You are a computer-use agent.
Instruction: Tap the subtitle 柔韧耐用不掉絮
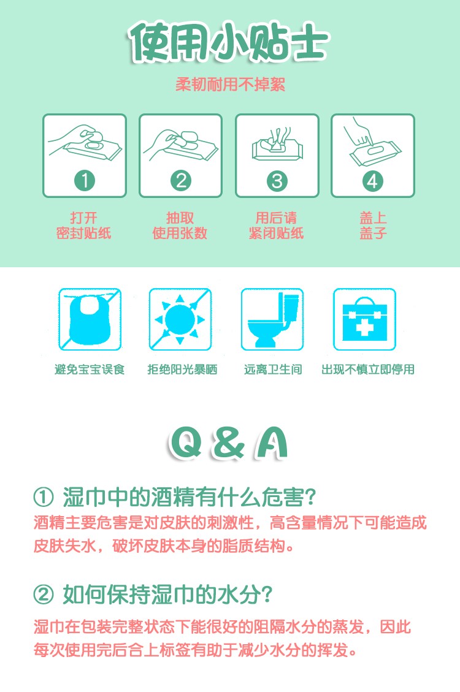point(230,85)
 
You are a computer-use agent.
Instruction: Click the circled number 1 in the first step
point(84,180)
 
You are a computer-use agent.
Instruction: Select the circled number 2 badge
point(180,180)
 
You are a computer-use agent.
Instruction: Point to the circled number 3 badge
point(277,180)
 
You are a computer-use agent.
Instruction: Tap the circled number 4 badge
point(372,180)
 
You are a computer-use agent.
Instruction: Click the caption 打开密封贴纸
point(83,225)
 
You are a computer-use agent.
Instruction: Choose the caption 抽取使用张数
point(180,225)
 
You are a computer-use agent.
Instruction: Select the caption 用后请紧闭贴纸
point(276,225)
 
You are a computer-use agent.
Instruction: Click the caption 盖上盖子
point(373,225)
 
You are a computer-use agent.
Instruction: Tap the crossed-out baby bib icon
point(90,319)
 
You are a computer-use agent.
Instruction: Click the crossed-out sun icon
point(180,319)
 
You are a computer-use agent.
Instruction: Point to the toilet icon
point(272,319)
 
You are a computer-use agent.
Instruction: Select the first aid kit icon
point(365,319)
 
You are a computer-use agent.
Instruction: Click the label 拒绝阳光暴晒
point(182,370)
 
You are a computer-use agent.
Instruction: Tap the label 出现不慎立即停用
point(368,370)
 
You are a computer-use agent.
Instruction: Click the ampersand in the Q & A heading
point(228,443)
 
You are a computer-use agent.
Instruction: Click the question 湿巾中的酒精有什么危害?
point(175,497)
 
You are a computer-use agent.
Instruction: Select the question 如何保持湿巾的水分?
point(153,595)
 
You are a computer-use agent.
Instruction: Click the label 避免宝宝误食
point(90,370)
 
